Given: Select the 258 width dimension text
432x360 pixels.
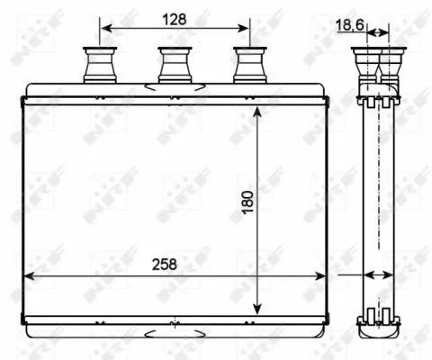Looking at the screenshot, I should point(163,264).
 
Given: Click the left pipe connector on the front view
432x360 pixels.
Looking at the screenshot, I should point(95,64).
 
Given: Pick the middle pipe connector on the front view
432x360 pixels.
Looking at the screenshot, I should point(173,64).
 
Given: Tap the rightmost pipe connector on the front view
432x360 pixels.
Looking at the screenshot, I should point(248,64).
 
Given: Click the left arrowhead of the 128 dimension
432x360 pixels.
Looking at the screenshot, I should point(104,29).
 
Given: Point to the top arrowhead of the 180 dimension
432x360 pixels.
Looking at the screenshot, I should point(258,112).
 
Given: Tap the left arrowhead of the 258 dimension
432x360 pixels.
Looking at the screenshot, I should point(28,276).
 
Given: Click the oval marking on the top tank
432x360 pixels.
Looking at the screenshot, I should point(173,88).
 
